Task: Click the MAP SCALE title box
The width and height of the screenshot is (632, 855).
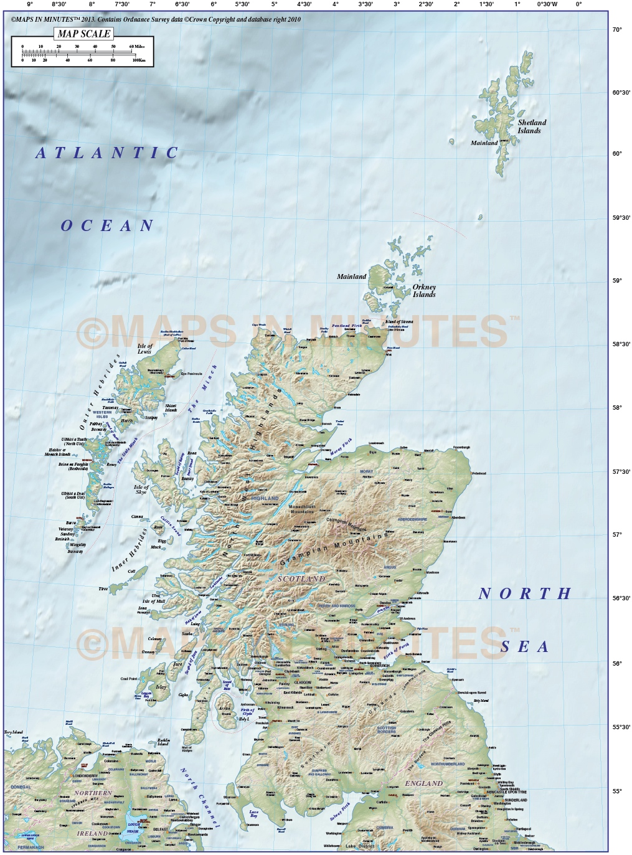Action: (x=84, y=34)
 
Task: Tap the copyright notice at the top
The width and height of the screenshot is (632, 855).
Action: (x=156, y=19)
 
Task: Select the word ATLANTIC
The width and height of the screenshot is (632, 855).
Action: (x=107, y=153)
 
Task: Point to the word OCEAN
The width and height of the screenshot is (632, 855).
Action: (x=107, y=226)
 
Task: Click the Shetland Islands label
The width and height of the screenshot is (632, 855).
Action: (x=531, y=126)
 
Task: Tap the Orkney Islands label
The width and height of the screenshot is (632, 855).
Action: (x=424, y=291)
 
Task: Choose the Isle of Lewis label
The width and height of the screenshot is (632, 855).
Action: (x=144, y=348)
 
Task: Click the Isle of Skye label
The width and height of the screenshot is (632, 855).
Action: (x=141, y=489)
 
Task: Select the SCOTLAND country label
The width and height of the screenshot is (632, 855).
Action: (x=301, y=579)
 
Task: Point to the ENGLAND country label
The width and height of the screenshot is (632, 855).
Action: (x=424, y=783)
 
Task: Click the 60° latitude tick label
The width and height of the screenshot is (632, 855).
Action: (x=616, y=154)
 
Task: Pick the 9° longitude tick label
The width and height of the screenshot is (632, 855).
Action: (x=29, y=4)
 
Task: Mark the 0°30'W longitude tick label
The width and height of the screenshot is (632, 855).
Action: (x=547, y=4)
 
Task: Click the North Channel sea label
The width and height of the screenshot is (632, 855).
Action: (x=200, y=798)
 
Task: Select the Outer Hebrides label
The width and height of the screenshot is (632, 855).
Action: (x=99, y=395)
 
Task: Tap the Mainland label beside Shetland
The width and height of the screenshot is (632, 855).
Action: (x=484, y=143)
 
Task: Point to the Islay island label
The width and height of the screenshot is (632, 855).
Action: (x=161, y=687)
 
